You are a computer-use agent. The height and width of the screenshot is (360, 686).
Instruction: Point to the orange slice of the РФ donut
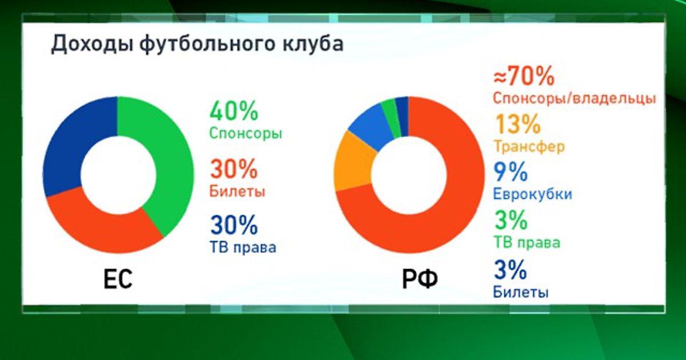tap(354, 162)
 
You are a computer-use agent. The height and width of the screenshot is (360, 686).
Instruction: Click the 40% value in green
tap(234, 111)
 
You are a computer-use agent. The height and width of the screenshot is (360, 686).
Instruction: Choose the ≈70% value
tap(524, 76)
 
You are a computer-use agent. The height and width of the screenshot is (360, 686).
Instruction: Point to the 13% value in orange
tap(518, 124)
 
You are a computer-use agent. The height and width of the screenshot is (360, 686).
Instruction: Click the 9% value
tap(510, 172)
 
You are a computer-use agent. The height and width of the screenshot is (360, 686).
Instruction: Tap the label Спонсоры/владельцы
tap(574, 98)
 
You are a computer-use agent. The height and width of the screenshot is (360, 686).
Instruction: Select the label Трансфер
tap(529, 147)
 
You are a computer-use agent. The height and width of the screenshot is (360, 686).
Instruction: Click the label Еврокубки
tap(533, 194)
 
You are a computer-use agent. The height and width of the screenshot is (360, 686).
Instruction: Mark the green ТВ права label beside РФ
tap(527, 243)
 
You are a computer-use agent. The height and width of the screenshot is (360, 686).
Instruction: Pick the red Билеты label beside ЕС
tap(237, 191)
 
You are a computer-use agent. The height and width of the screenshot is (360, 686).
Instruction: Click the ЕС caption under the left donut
tap(118, 279)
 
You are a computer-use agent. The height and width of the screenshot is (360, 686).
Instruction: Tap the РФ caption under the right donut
tap(420, 279)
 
